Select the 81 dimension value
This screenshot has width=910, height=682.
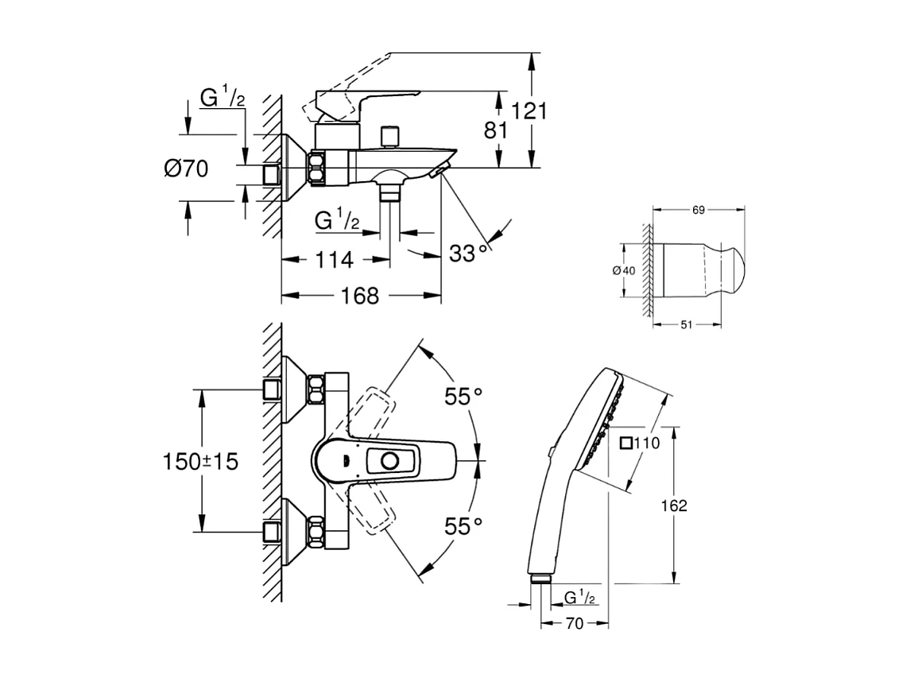496,130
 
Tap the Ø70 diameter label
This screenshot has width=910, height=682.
186,169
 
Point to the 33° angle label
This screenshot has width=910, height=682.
469,254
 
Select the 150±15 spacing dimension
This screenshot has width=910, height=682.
200,462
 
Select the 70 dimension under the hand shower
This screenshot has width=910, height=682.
575,623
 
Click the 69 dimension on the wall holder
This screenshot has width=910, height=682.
699,210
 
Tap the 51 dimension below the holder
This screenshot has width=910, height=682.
687,324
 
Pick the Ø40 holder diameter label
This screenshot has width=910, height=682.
624,269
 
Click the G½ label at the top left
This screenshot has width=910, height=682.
222,99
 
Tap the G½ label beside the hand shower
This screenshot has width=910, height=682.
581,597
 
